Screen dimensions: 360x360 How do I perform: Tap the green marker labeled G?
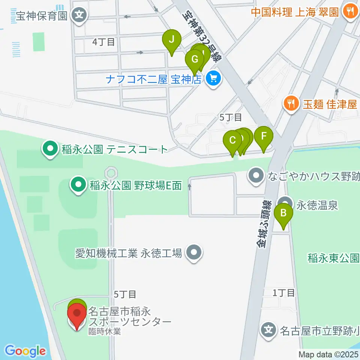pos(194,60)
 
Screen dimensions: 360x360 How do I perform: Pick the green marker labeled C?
pos(232,141)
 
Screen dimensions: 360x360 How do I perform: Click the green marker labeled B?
pos(284,214)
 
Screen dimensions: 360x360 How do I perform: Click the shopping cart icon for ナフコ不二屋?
pos(214,79)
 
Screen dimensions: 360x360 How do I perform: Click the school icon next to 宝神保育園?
pos(79,15)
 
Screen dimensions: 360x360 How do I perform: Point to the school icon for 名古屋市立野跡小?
pos(269,330)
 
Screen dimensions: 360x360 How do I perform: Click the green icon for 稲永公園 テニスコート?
pos(49,149)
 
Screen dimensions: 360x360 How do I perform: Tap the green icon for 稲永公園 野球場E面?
pos(78,185)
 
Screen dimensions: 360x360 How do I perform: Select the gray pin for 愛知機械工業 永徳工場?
pos(194,253)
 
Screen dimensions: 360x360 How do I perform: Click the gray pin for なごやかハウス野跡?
pos(257,175)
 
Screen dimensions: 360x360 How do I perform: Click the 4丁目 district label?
pos(104,42)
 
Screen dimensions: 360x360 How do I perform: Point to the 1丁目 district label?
pos(284,293)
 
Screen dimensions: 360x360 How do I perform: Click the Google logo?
pos(25,351)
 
